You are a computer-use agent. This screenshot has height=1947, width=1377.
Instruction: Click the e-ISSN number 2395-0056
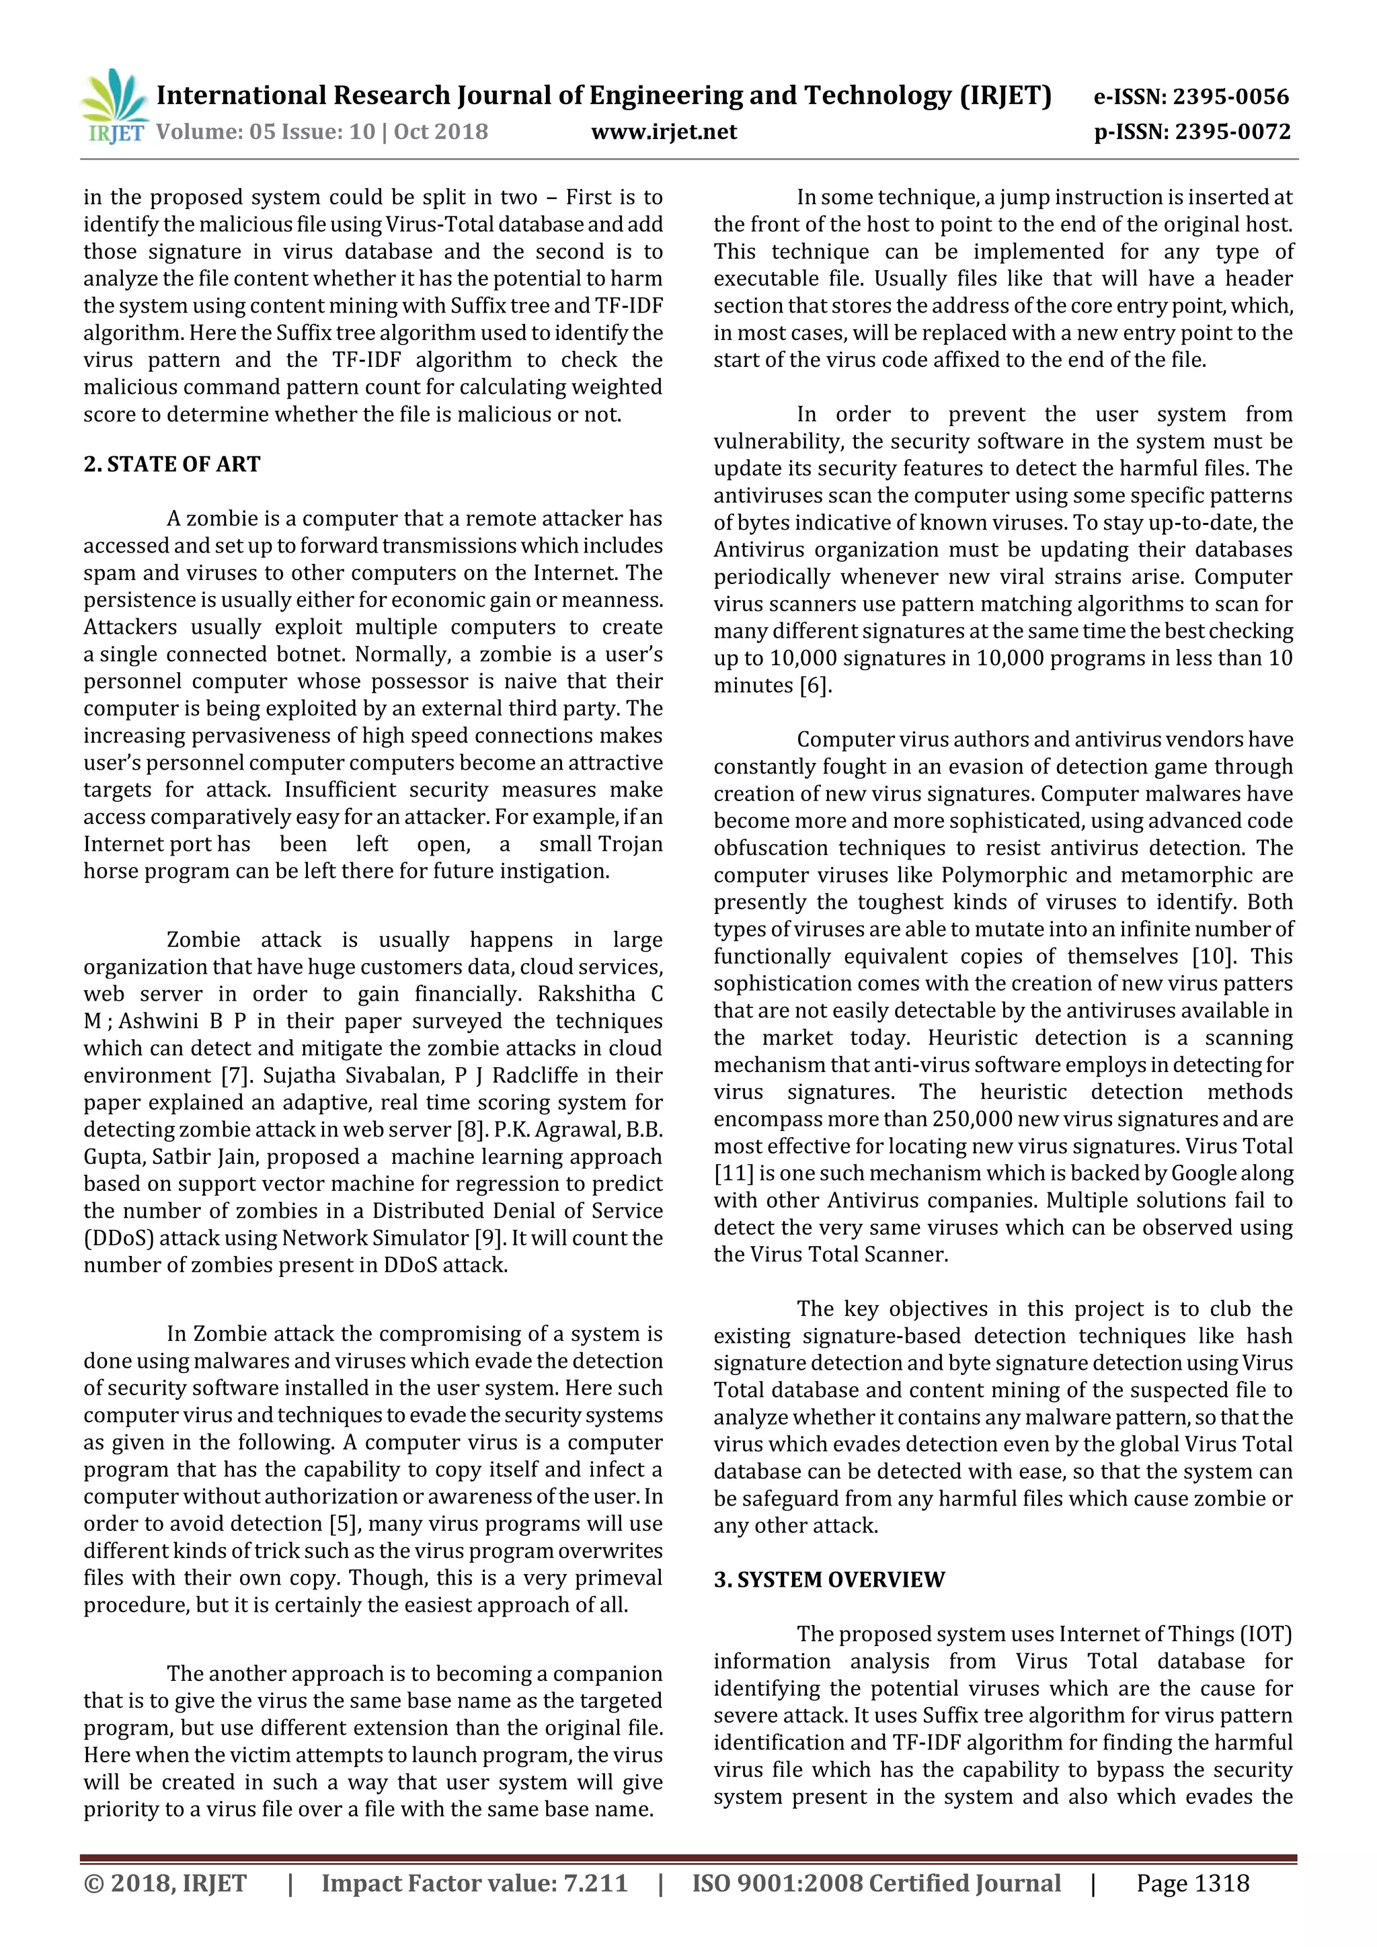(x=1230, y=97)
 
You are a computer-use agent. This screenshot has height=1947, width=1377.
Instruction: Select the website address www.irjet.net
(x=664, y=132)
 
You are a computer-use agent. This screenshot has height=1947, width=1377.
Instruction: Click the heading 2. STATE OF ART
(x=171, y=464)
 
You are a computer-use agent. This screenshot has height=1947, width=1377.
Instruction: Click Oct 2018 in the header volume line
(x=440, y=132)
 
